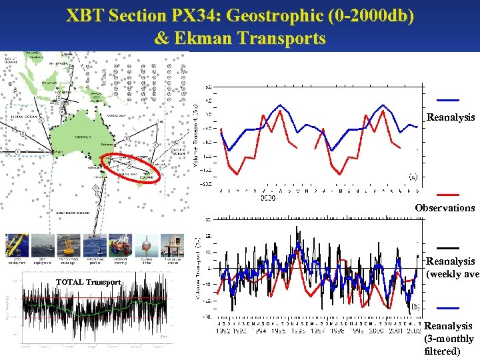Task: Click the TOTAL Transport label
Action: point(89,282)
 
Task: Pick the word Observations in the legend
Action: point(445,208)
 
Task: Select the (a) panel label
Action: point(413,177)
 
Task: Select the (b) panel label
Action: point(415,305)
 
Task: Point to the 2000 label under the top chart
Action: point(268,197)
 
